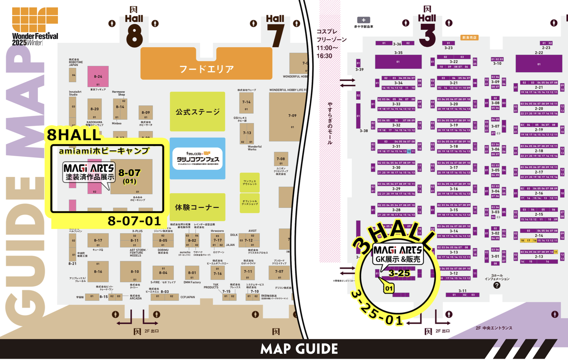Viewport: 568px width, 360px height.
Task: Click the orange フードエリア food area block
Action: click(206, 67)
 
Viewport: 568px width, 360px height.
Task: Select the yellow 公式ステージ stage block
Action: click(197, 111)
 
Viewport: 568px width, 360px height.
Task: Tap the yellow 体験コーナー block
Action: click(197, 207)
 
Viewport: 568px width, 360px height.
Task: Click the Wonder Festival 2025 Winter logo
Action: click(35, 26)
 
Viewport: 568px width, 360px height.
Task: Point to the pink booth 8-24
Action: click(98, 76)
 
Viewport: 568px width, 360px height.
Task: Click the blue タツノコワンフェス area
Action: click(197, 159)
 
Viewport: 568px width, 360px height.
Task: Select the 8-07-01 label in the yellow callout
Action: click(134, 221)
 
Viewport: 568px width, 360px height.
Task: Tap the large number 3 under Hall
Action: click(427, 35)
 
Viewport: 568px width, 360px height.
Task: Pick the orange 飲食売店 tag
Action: click(469, 38)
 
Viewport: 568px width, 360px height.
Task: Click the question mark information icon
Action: click(497, 285)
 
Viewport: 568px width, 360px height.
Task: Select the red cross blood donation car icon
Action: click(363, 20)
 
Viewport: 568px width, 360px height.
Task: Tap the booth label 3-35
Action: click(398, 53)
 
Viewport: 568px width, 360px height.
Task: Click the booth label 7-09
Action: click(292, 116)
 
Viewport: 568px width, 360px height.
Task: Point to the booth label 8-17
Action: click(98, 240)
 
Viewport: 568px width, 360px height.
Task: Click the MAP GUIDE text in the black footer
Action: click(299, 349)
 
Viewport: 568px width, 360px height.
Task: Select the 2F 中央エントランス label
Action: click(494, 328)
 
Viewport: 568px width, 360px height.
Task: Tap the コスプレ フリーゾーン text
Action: click(331, 36)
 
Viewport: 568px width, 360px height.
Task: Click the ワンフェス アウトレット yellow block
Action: click(250, 182)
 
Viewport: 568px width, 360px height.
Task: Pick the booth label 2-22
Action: click(539, 53)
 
